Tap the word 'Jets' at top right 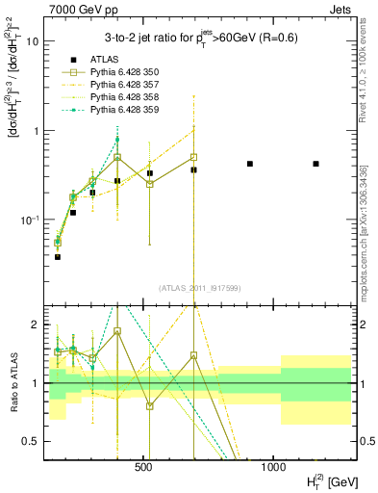coord(339,9)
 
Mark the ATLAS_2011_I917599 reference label coord(200,287)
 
